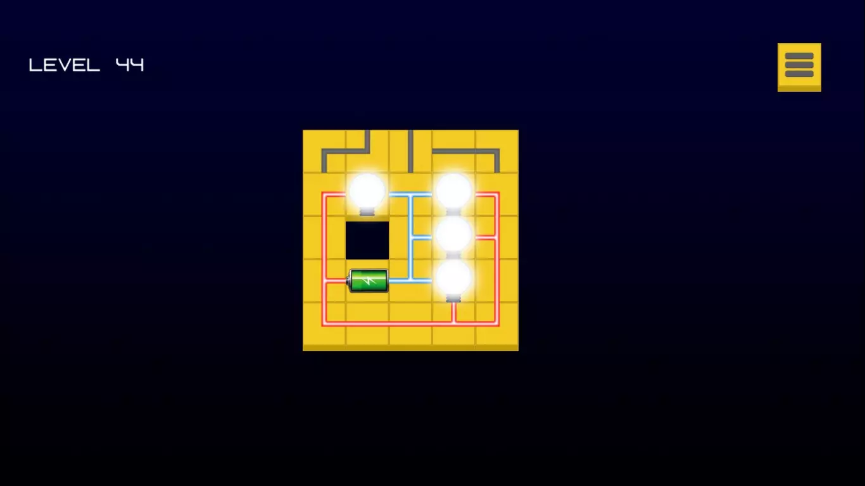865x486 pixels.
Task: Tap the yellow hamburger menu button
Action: click(x=799, y=67)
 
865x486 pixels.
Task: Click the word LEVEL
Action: click(x=64, y=65)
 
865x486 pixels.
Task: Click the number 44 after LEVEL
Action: click(x=130, y=65)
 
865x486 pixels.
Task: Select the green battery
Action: click(x=368, y=280)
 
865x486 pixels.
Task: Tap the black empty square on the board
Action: click(x=367, y=240)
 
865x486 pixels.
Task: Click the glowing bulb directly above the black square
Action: click(x=367, y=194)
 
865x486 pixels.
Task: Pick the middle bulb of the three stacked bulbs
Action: click(x=453, y=236)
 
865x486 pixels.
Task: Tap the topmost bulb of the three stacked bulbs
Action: click(x=453, y=193)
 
